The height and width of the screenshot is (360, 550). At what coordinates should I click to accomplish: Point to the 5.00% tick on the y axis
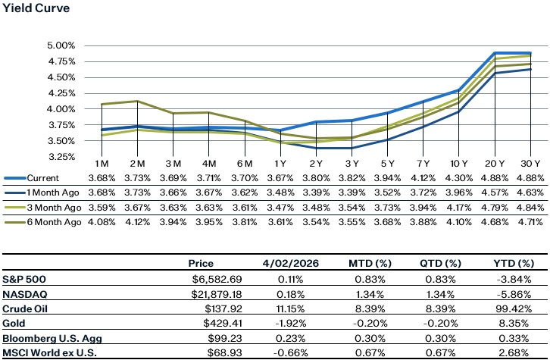[x=62, y=45]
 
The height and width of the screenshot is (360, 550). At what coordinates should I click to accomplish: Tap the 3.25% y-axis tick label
[x=62, y=157]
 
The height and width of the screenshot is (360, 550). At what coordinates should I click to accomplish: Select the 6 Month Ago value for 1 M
[x=104, y=221]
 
